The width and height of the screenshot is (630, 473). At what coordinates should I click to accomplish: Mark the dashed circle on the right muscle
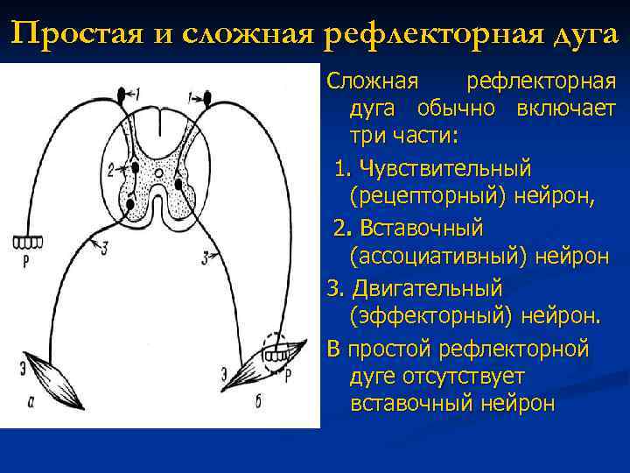pyautogui.click(x=279, y=349)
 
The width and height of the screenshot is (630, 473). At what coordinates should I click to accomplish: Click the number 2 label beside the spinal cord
pyautogui.click(x=110, y=167)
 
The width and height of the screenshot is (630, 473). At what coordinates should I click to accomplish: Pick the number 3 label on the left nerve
pyautogui.click(x=104, y=250)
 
